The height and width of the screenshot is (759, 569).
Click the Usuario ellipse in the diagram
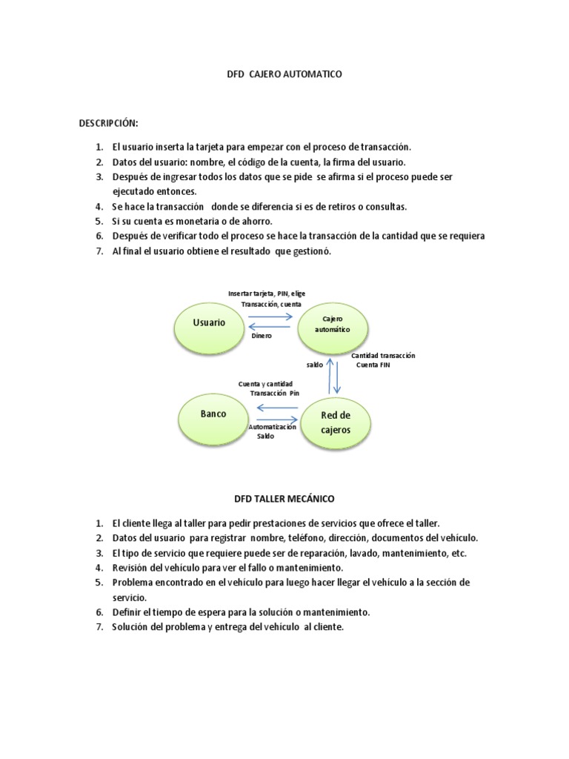click(x=209, y=324)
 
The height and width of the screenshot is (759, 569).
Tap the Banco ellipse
click(x=213, y=414)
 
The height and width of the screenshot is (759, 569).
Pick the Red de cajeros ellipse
click(x=336, y=422)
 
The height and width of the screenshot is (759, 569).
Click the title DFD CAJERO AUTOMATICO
click(x=284, y=75)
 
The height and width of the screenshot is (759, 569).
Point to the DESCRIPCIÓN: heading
click(x=109, y=122)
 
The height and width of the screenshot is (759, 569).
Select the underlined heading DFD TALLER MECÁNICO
click(x=284, y=499)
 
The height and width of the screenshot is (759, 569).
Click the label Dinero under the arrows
click(x=262, y=336)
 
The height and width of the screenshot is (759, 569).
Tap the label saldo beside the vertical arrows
click(x=315, y=365)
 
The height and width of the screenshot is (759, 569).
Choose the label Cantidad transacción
click(x=383, y=356)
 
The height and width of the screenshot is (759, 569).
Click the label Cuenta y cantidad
click(x=265, y=383)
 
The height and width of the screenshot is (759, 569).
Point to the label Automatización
click(x=273, y=428)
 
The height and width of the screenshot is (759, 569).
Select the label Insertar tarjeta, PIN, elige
click(x=267, y=294)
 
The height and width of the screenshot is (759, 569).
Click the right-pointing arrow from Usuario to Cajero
click(x=270, y=316)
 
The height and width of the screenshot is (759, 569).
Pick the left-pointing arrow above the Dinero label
click(x=270, y=326)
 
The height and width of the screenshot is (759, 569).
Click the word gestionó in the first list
click(x=308, y=252)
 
